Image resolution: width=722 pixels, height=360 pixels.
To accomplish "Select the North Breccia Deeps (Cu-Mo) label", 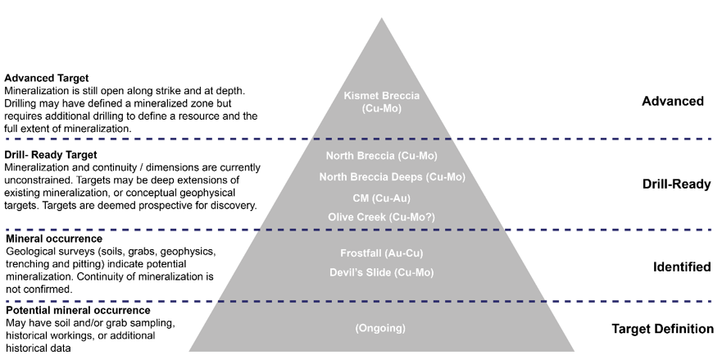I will tap(381, 176).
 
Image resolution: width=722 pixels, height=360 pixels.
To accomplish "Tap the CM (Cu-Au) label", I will tap(381, 198).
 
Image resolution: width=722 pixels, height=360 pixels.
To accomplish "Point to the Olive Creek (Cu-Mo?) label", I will tap(381, 216).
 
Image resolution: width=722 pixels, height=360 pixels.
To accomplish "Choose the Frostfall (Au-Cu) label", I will tap(381, 253).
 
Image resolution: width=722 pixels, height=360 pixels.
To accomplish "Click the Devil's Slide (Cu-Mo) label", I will tap(381, 272).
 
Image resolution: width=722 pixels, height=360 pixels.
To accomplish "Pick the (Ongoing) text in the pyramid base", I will tap(380, 329).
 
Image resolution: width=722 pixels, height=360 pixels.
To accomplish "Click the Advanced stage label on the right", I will tap(673, 102).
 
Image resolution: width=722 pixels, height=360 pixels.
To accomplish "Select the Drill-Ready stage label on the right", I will tap(676, 185).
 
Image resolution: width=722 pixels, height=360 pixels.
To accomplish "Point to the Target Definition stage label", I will tap(662, 330).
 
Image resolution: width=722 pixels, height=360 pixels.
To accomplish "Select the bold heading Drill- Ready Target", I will tap(51, 154).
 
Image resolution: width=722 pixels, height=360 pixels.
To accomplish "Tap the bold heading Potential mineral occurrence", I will tap(77, 311).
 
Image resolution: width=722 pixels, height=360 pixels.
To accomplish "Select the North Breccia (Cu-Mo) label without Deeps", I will tap(381, 156).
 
